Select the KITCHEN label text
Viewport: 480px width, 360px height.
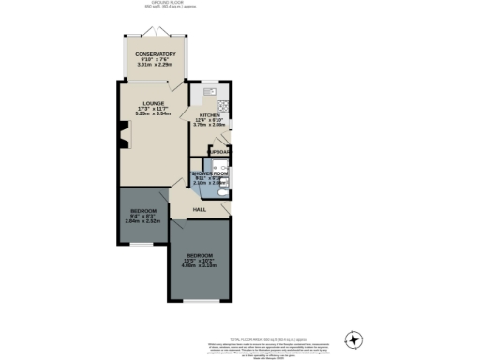[x=208, y=115]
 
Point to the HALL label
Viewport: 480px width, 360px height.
[x=200, y=209]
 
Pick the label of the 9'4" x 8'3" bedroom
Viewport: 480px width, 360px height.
[x=142, y=211]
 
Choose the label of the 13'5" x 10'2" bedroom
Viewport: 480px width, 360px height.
[x=199, y=255]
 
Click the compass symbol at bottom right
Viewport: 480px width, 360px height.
[x=354, y=338]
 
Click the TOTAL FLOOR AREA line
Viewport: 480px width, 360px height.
[x=241, y=335]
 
